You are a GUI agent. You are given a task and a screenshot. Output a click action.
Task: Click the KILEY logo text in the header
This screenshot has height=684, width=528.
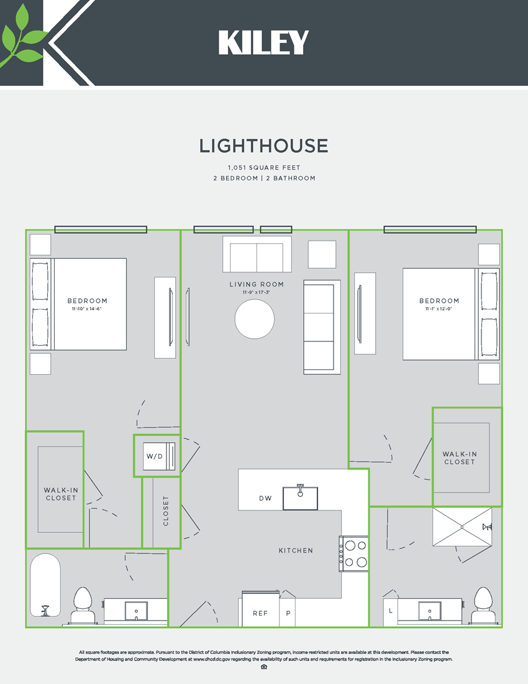(x=263, y=43)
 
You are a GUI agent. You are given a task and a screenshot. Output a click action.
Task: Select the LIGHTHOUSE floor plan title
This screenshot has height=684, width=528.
(x=263, y=146)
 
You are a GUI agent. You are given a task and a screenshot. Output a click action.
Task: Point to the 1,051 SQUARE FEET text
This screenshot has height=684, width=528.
(x=263, y=168)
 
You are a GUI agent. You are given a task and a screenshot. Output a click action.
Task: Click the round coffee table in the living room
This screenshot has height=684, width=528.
(x=255, y=319)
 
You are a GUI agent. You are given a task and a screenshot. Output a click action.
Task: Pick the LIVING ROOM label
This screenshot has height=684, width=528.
(x=257, y=284)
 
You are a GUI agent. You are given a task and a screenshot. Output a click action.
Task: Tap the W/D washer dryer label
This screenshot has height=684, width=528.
(x=154, y=456)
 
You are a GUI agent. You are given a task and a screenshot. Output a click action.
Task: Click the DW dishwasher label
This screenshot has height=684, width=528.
(x=265, y=499)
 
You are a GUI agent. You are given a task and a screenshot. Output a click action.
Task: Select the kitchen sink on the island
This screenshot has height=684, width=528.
(x=300, y=497)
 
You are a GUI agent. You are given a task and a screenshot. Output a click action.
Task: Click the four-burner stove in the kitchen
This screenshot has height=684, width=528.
(x=353, y=553)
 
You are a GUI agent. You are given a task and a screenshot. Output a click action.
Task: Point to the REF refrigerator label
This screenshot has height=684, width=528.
(x=260, y=613)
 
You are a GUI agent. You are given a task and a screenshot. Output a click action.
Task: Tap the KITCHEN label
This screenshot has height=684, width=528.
(x=296, y=550)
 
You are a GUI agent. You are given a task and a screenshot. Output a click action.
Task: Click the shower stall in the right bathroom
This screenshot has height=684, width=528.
(x=462, y=527)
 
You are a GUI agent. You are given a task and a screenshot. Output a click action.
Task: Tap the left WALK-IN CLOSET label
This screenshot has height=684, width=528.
(x=61, y=494)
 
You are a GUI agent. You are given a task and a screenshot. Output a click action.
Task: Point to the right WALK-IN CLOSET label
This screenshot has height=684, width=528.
(x=459, y=458)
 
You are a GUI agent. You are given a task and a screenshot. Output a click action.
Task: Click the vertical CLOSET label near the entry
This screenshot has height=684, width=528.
(x=166, y=511)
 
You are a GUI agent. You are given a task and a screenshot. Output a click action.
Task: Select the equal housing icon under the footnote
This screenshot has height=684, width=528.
(x=264, y=667)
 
